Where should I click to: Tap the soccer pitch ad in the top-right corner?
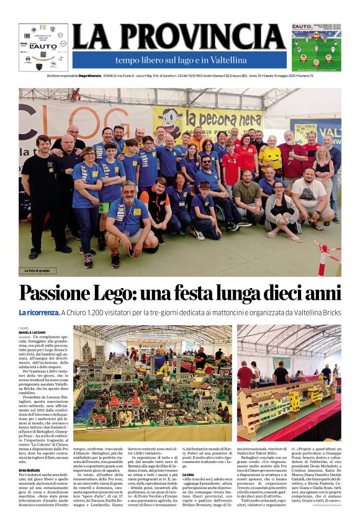(x=316, y=47)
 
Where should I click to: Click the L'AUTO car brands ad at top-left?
(x=43, y=47)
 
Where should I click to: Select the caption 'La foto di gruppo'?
(x=40, y=271)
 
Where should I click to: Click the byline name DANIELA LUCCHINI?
(x=33, y=333)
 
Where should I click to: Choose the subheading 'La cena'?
(x=188, y=474)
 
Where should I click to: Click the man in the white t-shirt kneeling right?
(x=309, y=196)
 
